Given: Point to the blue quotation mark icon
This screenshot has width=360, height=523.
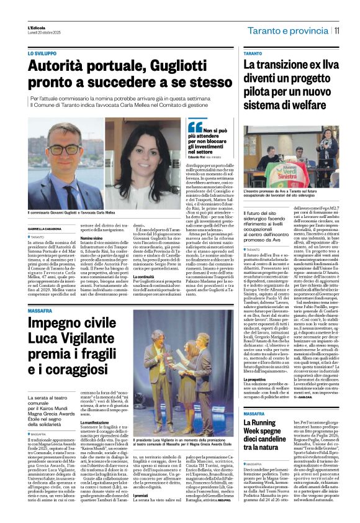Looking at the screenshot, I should click(x=195, y=127).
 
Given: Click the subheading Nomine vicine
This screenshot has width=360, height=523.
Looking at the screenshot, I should click(x=91, y=238).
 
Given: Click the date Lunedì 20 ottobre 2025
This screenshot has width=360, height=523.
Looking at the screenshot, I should click(x=42, y=32).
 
